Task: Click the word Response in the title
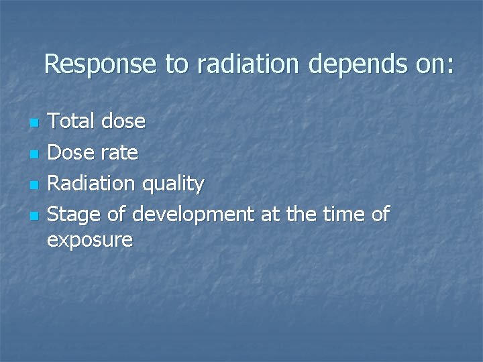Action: pos(101,65)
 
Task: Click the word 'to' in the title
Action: pos(178,65)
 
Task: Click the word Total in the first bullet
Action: pos(72,121)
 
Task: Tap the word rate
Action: pos(120,154)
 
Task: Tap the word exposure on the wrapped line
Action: pos(90,241)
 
